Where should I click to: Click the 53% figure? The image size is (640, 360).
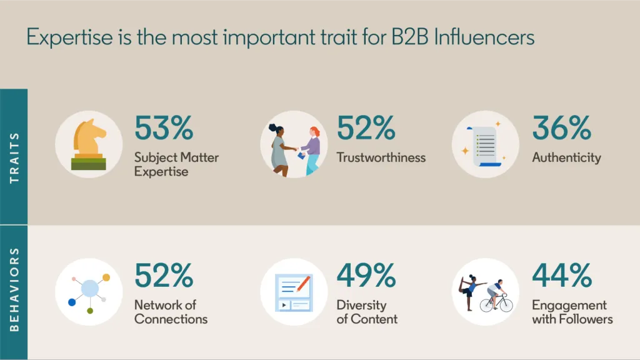coord(164,128)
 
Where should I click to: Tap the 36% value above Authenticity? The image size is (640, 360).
coord(562,128)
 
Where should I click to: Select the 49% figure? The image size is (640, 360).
coord(366,276)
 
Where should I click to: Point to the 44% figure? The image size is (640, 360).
coord(562,276)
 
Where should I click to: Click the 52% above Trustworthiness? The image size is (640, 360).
coord(366,128)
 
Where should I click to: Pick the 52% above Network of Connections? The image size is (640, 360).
coord(164,276)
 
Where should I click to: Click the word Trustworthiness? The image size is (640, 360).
coord(381,157)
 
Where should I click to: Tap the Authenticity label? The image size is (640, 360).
coord(566,158)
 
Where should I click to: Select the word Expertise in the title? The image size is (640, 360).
coord(69,37)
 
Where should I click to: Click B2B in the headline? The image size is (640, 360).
coord(409,37)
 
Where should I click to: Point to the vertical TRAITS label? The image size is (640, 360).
coord(14,157)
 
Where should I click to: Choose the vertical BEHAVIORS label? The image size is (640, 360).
coord(14,289)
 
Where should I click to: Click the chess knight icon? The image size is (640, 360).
coord(89,144)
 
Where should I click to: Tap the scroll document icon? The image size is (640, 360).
coord(484,146)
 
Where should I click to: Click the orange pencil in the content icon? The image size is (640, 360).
coord(303,284)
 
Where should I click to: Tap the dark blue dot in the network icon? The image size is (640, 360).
coord(72,302)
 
